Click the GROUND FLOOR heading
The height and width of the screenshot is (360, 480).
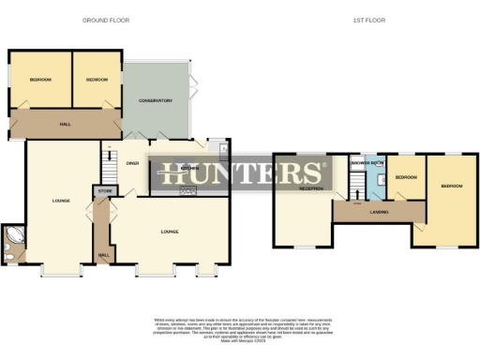106,20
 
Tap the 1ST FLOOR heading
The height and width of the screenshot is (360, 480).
369,20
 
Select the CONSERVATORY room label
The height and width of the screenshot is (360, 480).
157,100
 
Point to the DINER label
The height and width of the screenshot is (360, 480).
132,163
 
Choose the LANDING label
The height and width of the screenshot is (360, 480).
379,212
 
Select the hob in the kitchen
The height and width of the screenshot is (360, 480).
186,192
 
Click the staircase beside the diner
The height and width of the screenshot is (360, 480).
109,161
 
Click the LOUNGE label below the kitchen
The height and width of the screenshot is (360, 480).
170,231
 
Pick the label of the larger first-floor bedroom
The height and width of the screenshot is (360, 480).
452,186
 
